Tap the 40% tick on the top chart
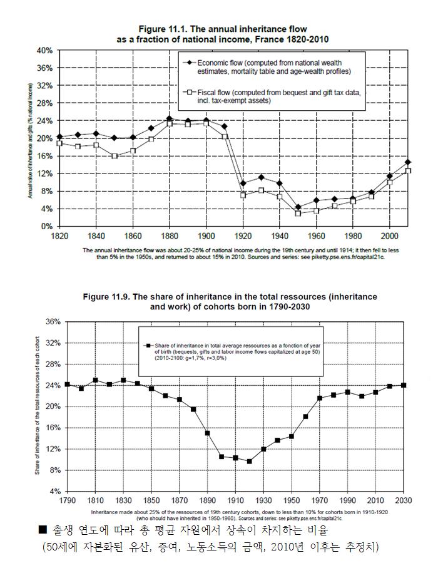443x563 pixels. coord(44,50)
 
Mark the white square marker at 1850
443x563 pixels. coord(115,156)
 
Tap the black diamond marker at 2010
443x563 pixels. coord(408,162)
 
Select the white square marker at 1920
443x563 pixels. coord(243,195)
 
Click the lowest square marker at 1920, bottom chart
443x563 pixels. coord(249,462)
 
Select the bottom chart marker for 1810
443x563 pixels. coord(95,380)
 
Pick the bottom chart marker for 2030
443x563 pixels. coord(404,385)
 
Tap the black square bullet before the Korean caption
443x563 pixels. coord(43,530)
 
